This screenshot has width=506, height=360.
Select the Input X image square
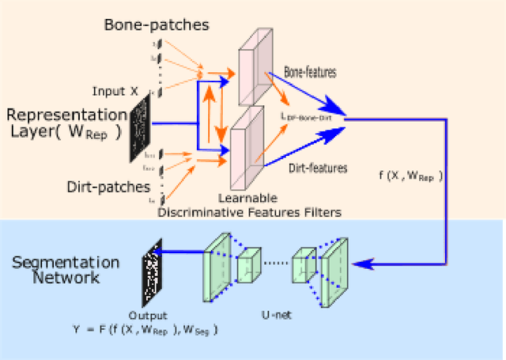click(142, 127)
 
